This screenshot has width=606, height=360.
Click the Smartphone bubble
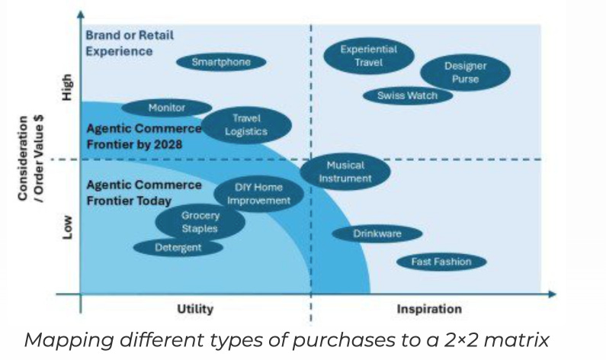coord(221,63)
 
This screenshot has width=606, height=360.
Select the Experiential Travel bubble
coord(368,56)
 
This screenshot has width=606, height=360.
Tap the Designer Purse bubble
coord(465,72)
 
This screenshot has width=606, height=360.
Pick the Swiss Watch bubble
coord(414,95)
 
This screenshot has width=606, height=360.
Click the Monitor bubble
coord(166,108)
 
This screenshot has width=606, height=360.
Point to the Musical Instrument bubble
coord(345,172)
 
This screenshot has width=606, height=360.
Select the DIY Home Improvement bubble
coord(258,194)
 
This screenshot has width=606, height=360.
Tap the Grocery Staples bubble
coord(200,222)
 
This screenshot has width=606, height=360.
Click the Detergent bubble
coord(178,248)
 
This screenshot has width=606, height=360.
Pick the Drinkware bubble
coord(377,234)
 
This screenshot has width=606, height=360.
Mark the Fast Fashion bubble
coord(441,262)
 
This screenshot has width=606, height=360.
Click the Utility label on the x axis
coord(195,309)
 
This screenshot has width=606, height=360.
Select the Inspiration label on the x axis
coord(429,309)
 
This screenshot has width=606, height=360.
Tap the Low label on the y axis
coord(67,227)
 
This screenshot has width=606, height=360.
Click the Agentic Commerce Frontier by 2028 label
coord(144,135)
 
